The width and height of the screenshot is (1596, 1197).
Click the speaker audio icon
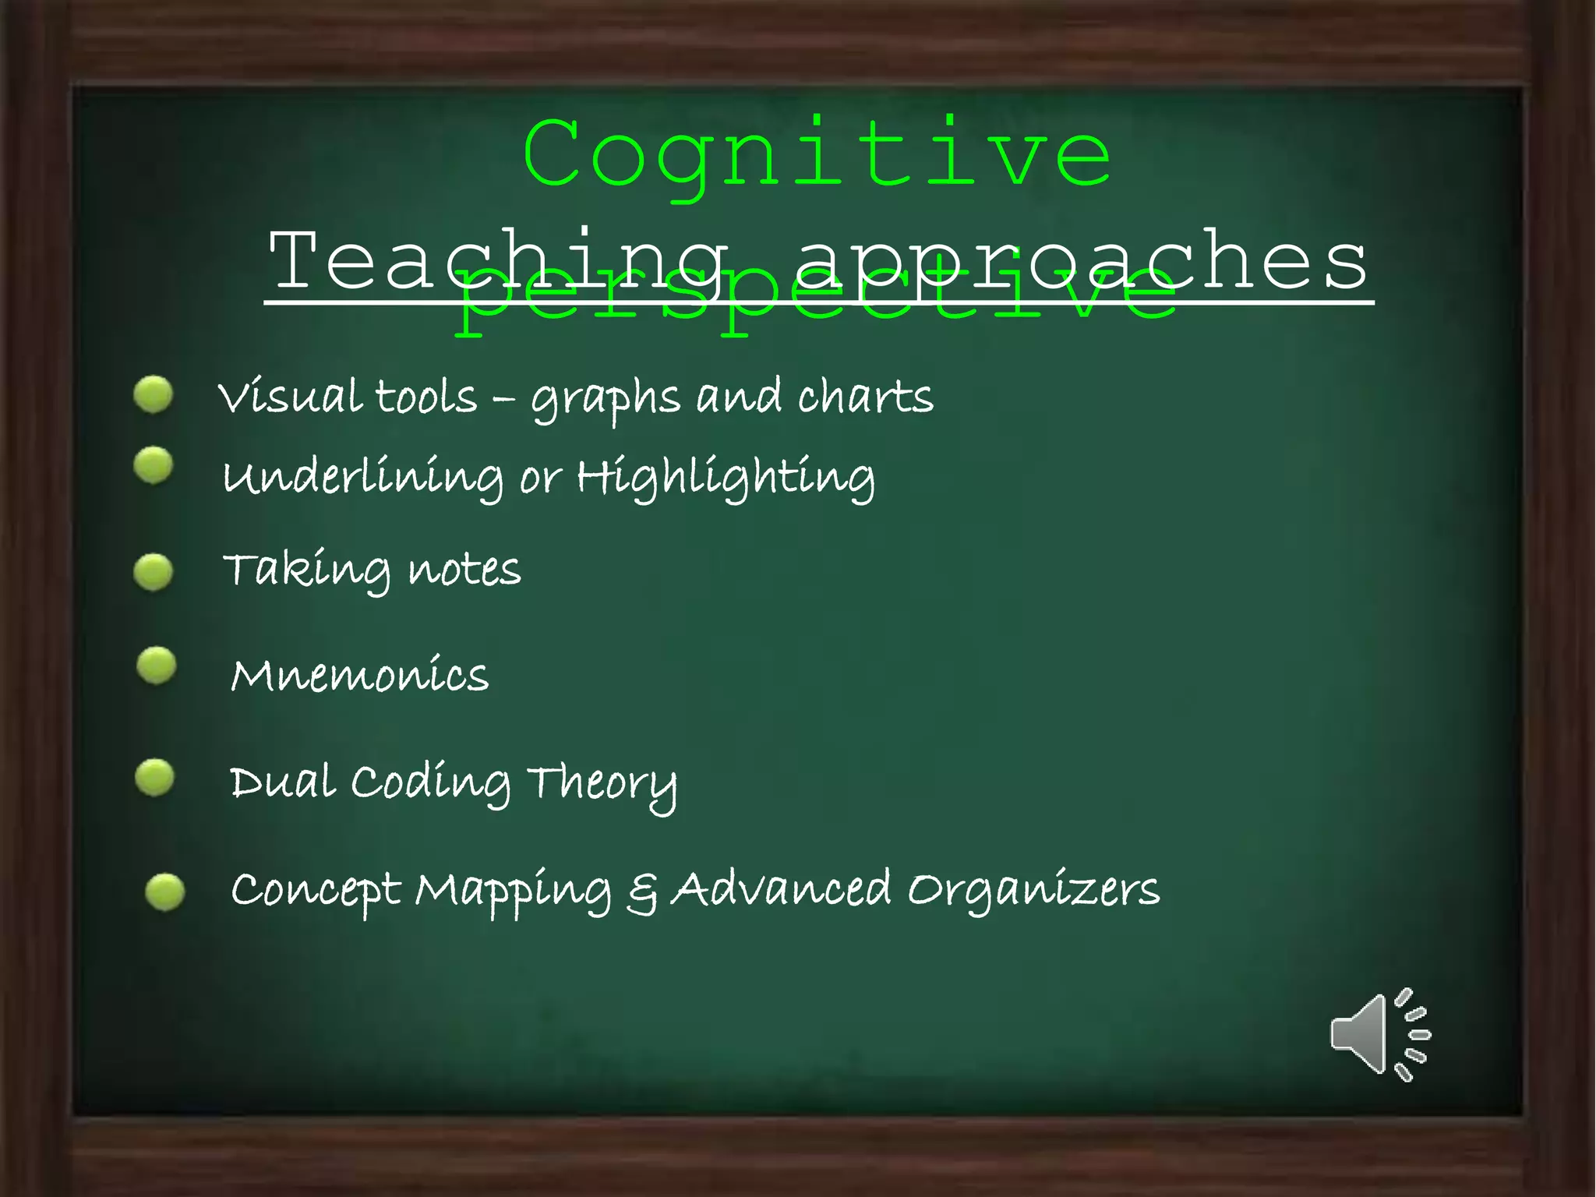pyautogui.click(x=1379, y=1035)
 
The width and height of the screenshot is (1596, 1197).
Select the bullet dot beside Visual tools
pyautogui.click(x=154, y=394)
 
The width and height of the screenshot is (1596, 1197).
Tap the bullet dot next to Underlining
pyautogui.click(x=154, y=466)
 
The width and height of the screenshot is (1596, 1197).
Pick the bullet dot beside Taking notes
pyautogui.click(x=154, y=572)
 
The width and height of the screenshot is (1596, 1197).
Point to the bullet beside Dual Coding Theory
pyautogui.click(x=155, y=778)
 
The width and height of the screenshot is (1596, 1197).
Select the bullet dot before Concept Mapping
pyautogui.click(x=165, y=892)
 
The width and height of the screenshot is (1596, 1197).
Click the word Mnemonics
pyautogui.click(x=360, y=675)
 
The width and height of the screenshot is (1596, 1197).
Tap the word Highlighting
pyautogui.click(x=725, y=478)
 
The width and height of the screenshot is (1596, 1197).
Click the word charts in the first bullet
pyautogui.click(x=865, y=397)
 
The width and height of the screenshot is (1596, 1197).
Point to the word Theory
pyautogui.click(x=602, y=784)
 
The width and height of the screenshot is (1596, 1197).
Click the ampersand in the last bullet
pyautogui.click(x=642, y=892)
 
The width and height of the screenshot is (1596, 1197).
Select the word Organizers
pyautogui.click(x=1033, y=890)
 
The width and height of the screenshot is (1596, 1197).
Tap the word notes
pyautogui.click(x=464, y=570)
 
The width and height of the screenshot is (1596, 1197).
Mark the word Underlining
pyautogui.click(x=363, y=478)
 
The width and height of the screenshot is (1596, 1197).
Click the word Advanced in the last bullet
pyautogui.click(x=781, y=888)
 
